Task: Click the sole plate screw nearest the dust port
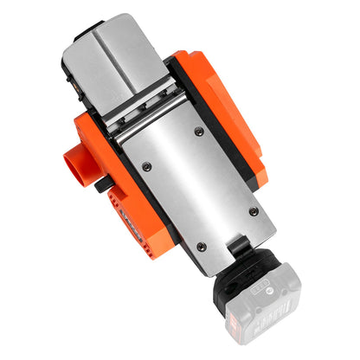click(x=145, y=165)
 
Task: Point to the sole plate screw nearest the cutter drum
click(x=199, y=132)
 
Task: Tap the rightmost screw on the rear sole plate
click(x=253, y=211)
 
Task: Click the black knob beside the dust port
click(x=103, y=183)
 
